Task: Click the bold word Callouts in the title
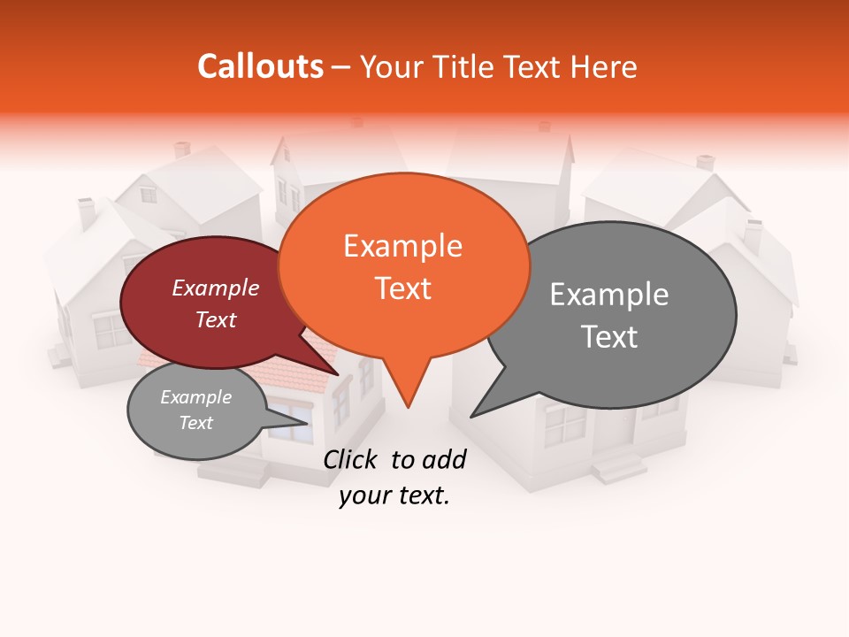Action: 260,66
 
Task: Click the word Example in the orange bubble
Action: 402,246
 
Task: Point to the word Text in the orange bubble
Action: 403,288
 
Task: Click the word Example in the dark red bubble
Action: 215,288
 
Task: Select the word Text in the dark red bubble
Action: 215,320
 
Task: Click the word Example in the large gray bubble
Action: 609,294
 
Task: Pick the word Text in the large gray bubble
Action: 609,337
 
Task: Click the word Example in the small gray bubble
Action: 195,397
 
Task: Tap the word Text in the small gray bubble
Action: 195,423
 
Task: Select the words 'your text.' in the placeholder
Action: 394,496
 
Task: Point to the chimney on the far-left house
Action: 87,212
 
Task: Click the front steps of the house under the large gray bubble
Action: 618,465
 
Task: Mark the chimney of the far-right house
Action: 753,234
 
